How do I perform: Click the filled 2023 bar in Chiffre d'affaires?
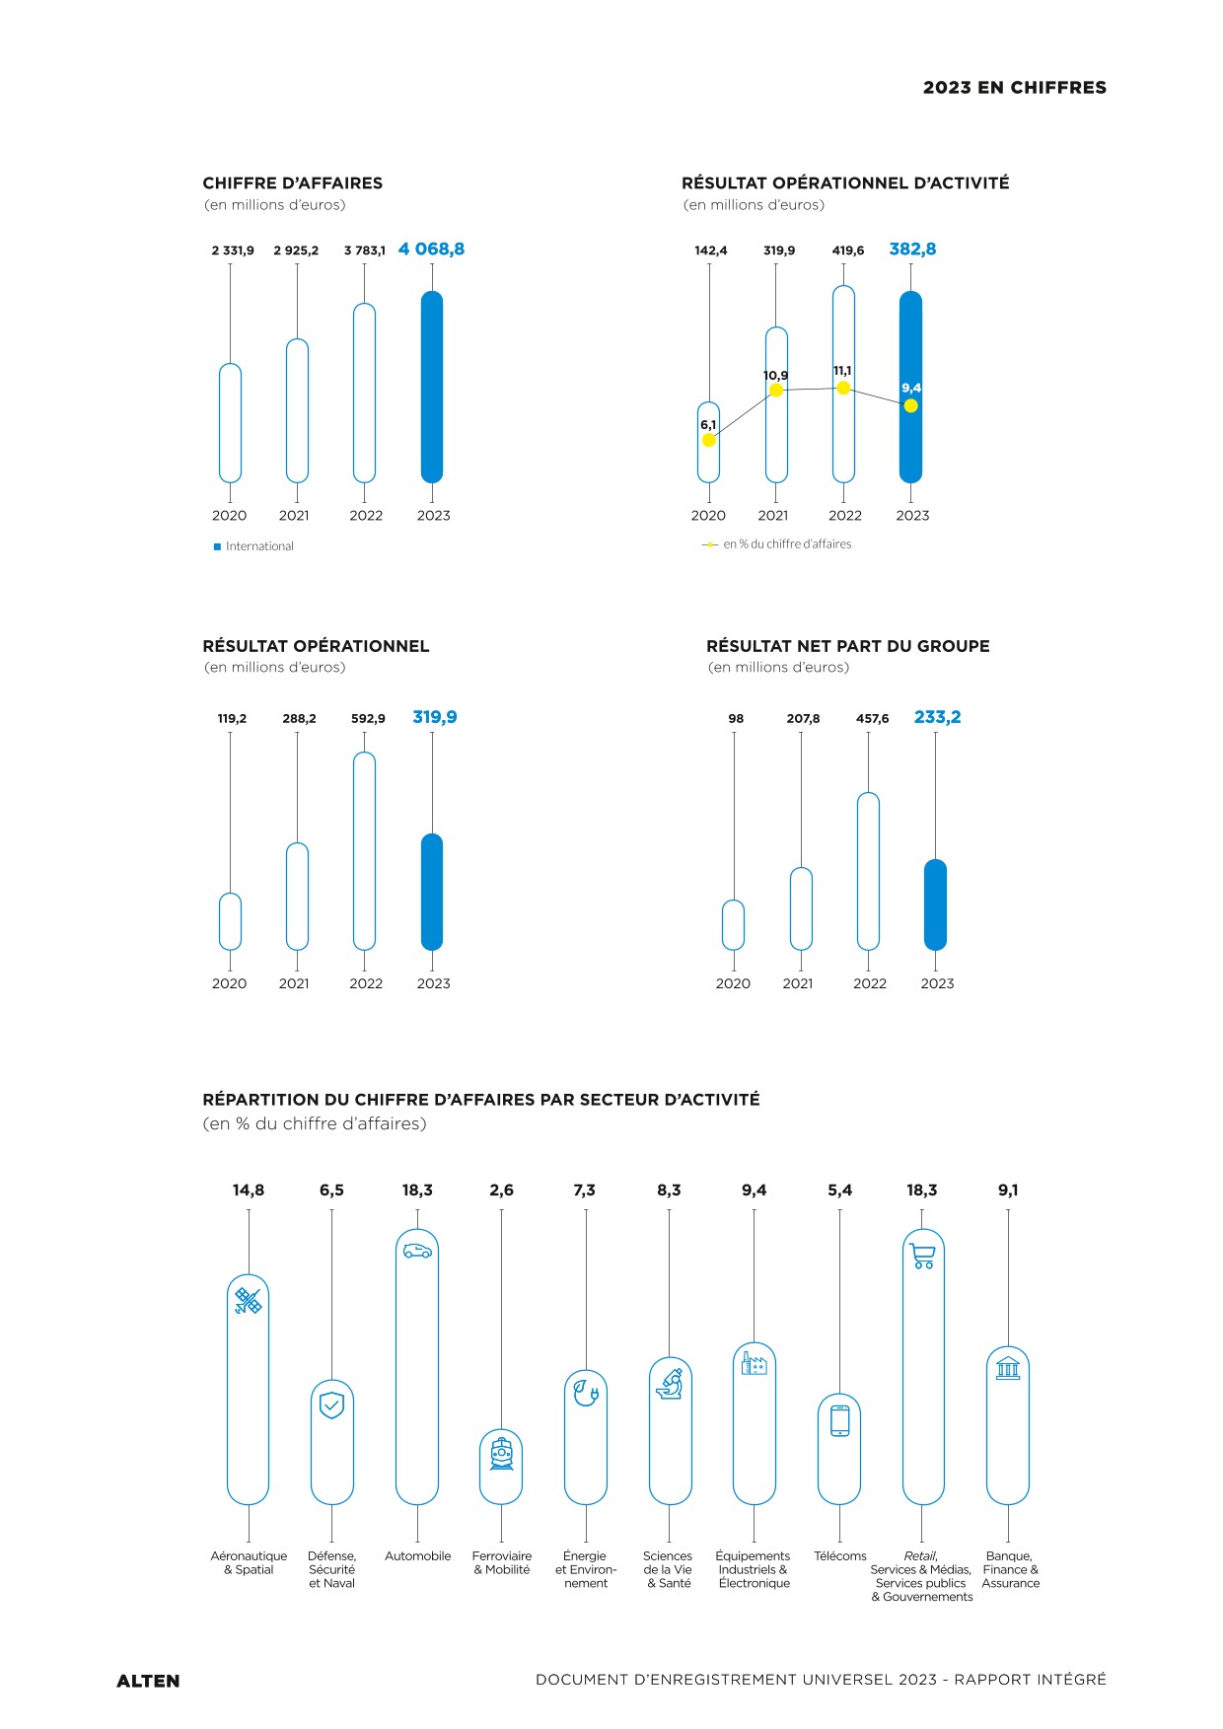click(432, 387)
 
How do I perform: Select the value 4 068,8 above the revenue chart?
click(431, 250)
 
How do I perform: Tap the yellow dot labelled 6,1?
click(708, 440)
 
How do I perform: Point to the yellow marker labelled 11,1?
click(843, 389)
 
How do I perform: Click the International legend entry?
click(253, 546)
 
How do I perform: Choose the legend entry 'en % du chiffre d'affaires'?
click(776, 544)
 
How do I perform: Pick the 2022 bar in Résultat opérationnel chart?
click(364, 851)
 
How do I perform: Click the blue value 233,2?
click(937, 717)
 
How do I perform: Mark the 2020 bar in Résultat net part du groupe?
click(733, 925)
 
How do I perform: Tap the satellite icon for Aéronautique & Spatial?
click(249, 1302)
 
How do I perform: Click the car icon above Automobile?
click(417, 1251)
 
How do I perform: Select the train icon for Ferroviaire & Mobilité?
click(502, 1454)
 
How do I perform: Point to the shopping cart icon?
click(923, 1256)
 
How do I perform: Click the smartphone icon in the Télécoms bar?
click(840, 1420)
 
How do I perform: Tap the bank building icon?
click(1008, 1368)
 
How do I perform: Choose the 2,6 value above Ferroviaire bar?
click(501, 1190)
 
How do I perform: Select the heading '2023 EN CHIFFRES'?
click(1015, 88)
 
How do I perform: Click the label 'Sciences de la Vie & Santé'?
click(668, 1569)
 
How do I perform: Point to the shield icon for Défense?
click(332, 1405)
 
